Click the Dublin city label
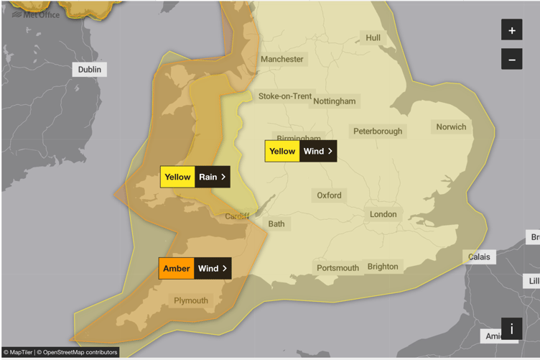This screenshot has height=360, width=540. (x=90, y=70)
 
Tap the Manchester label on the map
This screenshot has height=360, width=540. (x=282, y=59)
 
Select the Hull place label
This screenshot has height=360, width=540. (x=373, y=37)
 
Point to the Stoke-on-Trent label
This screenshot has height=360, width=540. (x=285, y=96)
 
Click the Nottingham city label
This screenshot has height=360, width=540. (x=334, y=101)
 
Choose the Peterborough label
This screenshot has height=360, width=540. (x=378, y=131)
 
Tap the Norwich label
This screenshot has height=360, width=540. (x=451, y=127)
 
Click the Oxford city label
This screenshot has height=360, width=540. (x=330, y=195)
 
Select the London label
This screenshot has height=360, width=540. (x=383, y=214)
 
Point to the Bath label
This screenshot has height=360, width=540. (x=276, y=223)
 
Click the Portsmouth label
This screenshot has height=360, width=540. (x=338, y=268)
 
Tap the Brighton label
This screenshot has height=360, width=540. (x=383, y=267)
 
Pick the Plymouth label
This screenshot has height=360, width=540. (x=191, y=300)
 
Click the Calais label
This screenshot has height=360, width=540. (x=480, y=257)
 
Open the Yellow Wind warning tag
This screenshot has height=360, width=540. (x=300, y=151)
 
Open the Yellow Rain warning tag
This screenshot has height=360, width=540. (x=195, y=177)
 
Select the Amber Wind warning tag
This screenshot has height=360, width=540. (x=195, y=269)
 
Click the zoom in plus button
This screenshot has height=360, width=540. (x=511, y=31)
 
